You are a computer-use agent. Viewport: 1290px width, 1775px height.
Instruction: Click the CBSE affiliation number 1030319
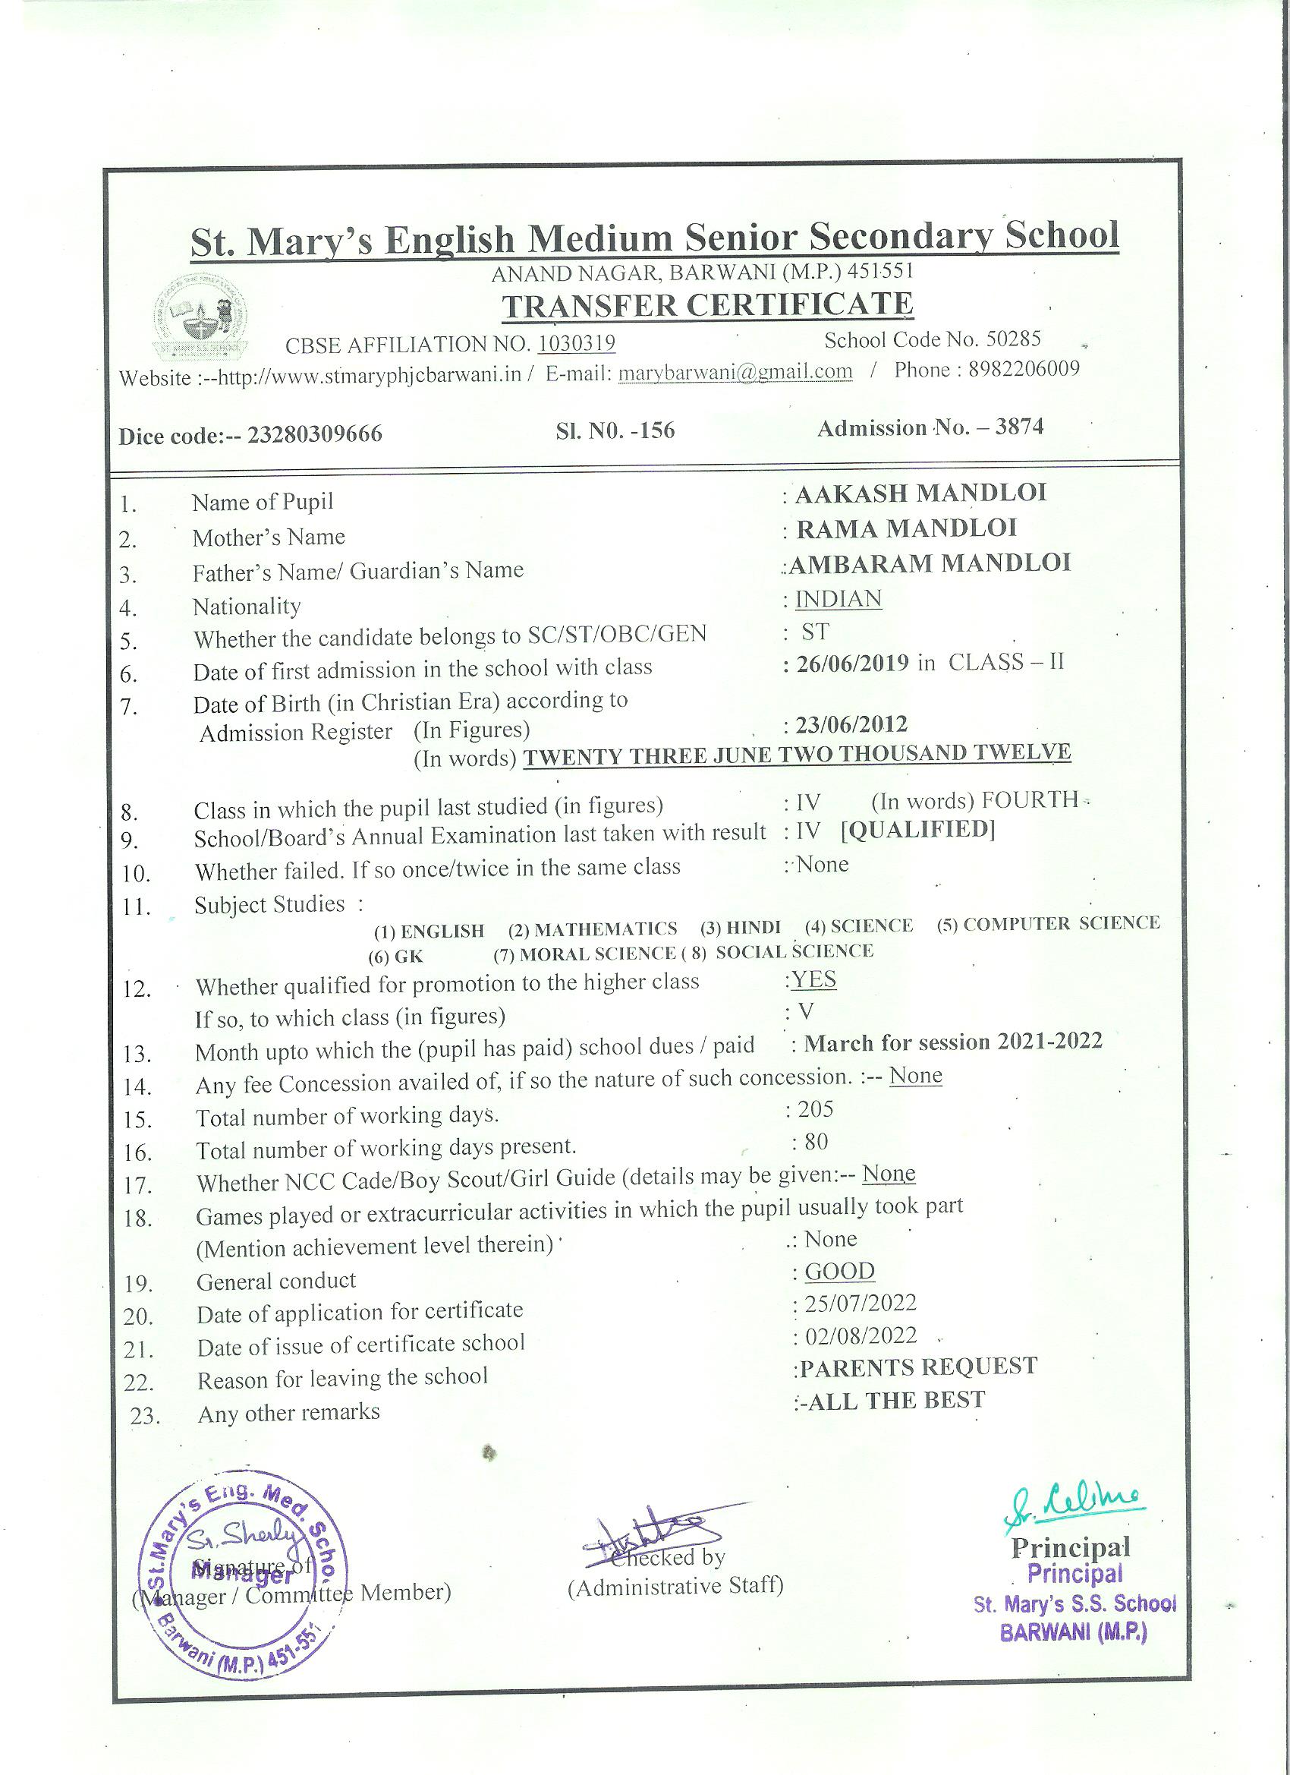(x=577, y=344)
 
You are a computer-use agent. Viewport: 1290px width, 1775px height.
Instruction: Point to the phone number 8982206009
(x=1023, y=369)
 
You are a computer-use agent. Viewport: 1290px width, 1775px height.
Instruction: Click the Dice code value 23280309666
(x=314, y=434)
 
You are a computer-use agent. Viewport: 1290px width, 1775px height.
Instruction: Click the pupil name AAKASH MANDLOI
(x=920, y=493)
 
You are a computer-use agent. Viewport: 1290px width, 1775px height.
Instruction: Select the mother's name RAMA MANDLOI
(x=906, y=528)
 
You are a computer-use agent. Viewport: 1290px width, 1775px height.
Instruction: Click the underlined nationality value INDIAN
(x=838, y=599)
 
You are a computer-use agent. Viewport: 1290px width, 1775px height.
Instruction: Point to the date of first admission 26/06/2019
(x=852, y=664)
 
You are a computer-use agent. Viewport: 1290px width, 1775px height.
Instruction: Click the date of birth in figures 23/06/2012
(x=851, y=725)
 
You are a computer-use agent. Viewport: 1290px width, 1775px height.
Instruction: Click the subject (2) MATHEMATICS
(x=592, y=929)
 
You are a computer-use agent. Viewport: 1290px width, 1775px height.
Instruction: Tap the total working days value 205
(x=815, y=1109)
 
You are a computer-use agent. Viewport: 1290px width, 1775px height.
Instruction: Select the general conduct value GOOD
(x=839, y=1271)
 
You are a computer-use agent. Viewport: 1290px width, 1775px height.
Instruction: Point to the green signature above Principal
(x=1077, y=1501)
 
